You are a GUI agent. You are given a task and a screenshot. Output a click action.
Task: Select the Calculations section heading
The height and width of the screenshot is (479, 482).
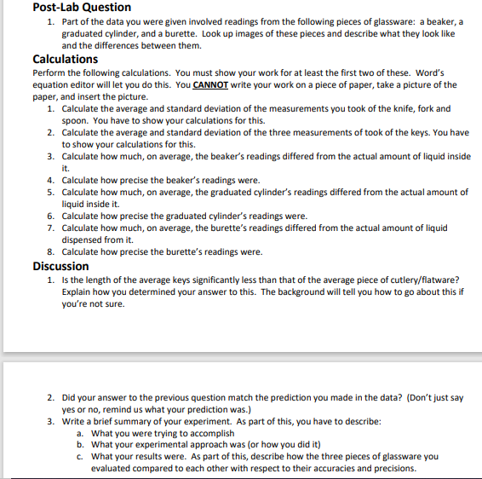(65, 60)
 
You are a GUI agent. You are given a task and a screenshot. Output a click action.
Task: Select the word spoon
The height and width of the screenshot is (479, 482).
(76, 121)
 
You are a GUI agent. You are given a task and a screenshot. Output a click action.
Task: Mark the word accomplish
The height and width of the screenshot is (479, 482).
(209, 433)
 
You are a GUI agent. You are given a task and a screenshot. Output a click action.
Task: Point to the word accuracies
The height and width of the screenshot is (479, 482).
(341, 468)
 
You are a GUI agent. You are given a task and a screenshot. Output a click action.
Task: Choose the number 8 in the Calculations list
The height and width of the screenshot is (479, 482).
(51, 252)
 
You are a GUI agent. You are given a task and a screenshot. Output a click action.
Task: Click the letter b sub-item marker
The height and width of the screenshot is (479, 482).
(80, 444)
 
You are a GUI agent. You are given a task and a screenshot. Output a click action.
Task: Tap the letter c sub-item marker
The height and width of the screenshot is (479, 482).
(80, 456)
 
